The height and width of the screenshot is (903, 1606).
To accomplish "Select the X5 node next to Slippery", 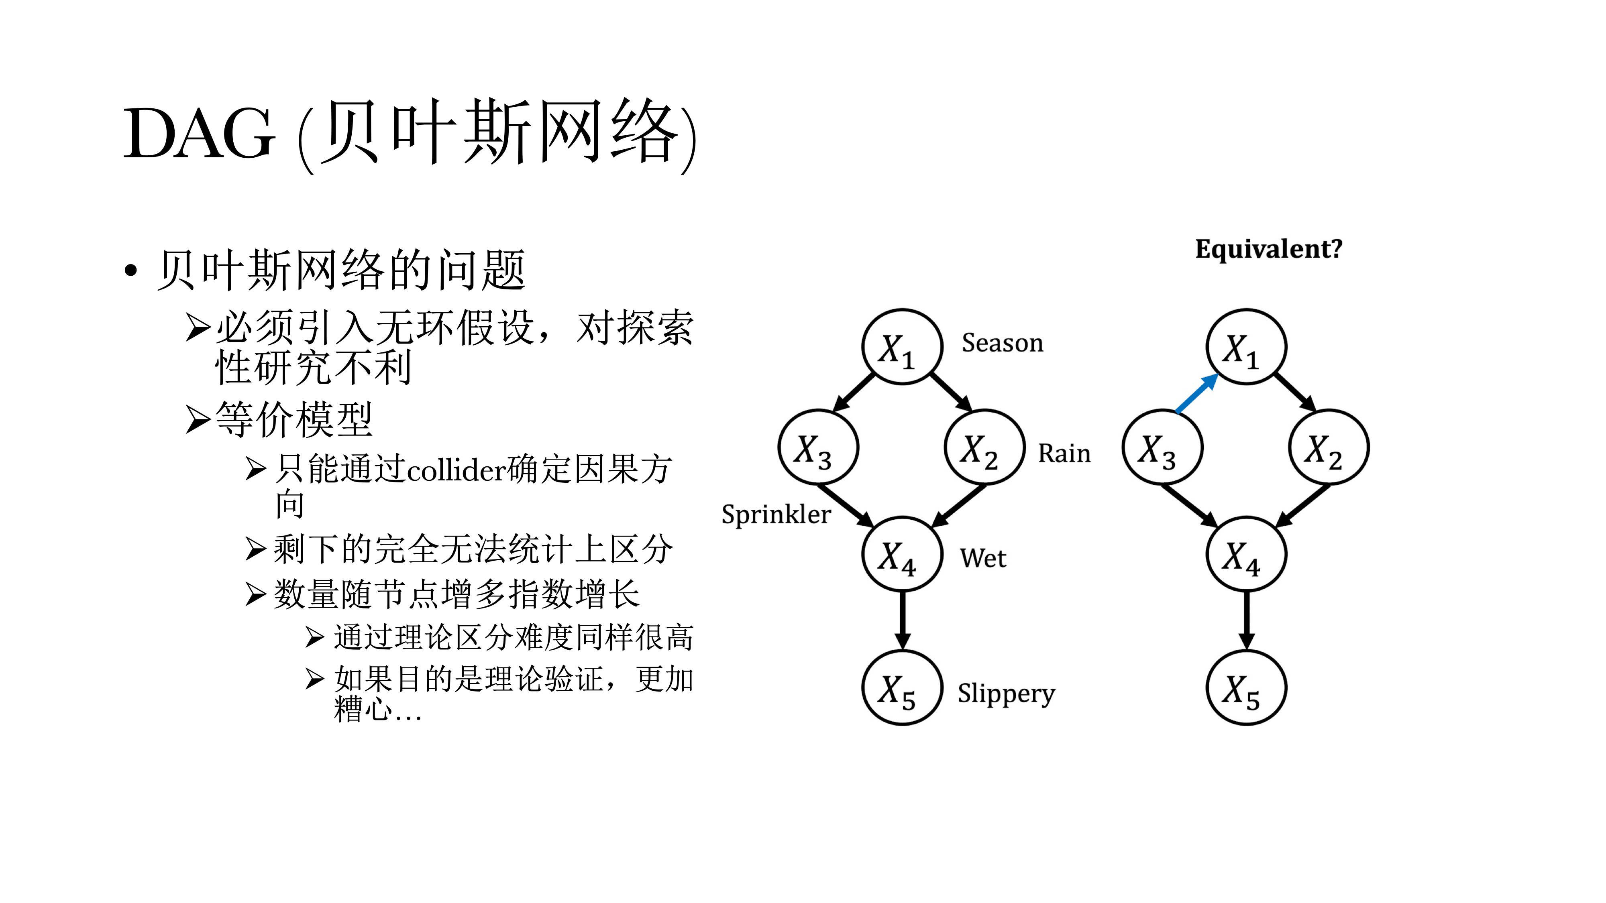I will [901, 688].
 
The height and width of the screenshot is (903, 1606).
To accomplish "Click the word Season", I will [1002, 343].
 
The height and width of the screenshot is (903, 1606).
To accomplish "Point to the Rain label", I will [1064, 453].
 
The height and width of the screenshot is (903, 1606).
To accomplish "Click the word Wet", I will [982, 558].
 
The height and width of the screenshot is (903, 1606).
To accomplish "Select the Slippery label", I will [1006, 693].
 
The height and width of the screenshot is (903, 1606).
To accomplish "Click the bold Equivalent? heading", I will [1268, 249].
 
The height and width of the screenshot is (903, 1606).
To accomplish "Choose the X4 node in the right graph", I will [1245, 554].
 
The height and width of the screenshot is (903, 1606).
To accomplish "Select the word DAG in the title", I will [199, 133].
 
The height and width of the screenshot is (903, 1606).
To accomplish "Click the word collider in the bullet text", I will [457, 470].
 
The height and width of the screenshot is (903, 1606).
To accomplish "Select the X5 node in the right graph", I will [1245, 688].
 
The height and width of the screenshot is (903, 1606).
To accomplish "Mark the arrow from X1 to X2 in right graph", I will [1294, 392].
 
